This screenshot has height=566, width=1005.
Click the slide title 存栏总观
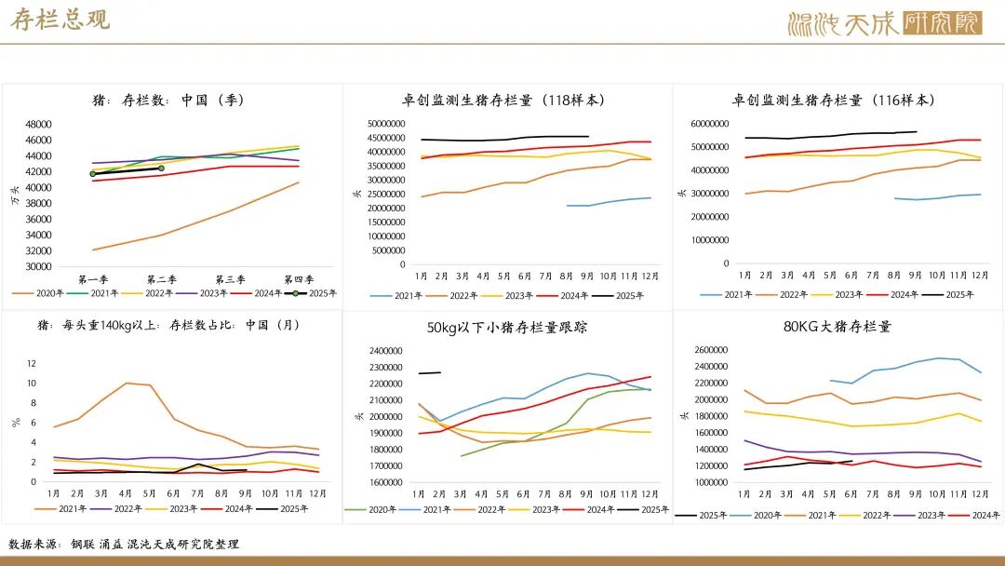coord(60,20)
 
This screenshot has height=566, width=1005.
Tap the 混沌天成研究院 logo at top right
coord(883,23)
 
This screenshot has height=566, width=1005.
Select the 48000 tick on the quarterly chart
coord(38,125)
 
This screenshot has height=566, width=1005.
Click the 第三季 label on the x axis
coord(230,279)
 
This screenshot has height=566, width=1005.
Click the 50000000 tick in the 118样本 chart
coord(385,124)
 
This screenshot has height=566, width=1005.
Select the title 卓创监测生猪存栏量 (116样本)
coord(833,101)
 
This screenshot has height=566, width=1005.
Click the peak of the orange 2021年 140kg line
coord(127,383)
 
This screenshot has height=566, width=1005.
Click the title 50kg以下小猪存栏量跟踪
coord(507,328)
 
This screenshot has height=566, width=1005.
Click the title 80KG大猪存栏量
coord(837,327)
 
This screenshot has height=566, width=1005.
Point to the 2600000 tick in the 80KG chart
coord(711,350)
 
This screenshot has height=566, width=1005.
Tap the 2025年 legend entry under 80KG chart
coord(703,514)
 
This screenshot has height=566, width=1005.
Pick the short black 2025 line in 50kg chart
coord(430,373)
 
